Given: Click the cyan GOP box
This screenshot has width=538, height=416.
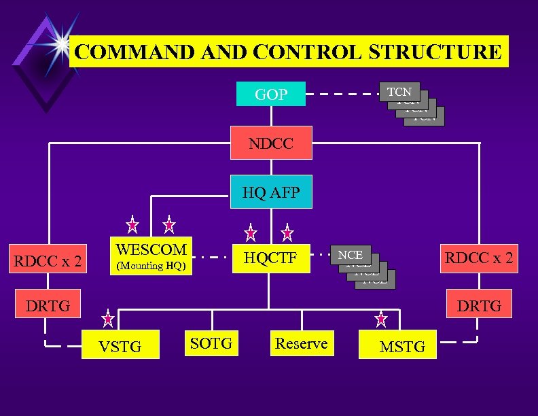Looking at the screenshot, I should (271, 94).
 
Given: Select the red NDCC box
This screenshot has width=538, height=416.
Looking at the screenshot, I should (271, 143).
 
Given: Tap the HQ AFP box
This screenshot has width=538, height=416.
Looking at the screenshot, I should (271, 194).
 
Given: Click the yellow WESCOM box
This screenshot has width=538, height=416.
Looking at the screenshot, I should (151, 256).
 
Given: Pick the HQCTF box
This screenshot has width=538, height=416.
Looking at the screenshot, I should (271, 258).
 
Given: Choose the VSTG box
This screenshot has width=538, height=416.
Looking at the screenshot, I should (120, 347).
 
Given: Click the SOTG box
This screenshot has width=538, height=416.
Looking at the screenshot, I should (211, 343).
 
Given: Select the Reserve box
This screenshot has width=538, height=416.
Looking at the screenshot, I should (301, 343).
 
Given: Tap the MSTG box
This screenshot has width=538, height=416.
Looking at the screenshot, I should (402, 347).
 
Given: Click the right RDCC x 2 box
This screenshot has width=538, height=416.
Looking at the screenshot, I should (479, 258).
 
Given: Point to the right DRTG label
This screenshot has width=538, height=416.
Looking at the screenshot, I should (479, 306).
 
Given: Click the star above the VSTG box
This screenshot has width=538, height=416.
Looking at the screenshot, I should (108, 317).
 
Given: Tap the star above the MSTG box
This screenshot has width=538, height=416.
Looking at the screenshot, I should (381, 317).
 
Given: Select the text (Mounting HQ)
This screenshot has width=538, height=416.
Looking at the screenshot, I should (151, 266).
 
